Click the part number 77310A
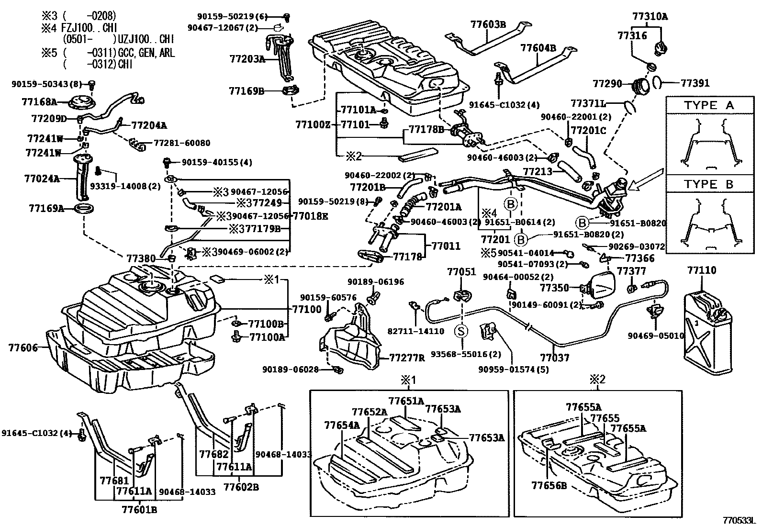pyautogui.click(x=650, y=16)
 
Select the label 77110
pyautogui.click(x=701, y=270)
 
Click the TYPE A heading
pyautogui.click(x=709, y=105)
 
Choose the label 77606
pyautogui.click(x=23, y=347)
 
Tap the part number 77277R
pyautogui.click(x=407, y=358)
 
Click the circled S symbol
pyautogui.click(x=461, y=331)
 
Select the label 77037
pyautogui.click(x=554, y=358)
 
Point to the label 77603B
pyautogui.click(x=488, y=24)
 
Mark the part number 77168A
pyautogui.click(x=39, y=102)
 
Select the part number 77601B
pyautogui.click(x=139, y=510)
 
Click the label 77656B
pyautogui.click(x=549, y=485)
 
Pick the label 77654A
pyautogui.click(x=342, y=425)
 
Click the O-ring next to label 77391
pyautogui.click(x=657, y=83)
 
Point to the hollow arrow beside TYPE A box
pyautogui.click(x=645, y=179)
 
